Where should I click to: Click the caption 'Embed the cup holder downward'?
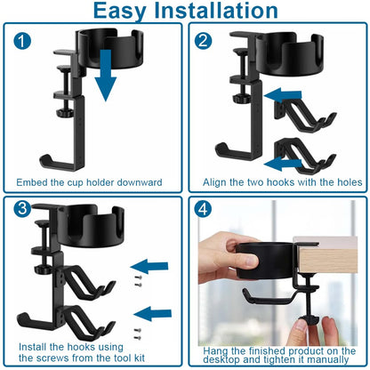(89, 182)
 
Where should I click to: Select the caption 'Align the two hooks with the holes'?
(276, 182)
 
